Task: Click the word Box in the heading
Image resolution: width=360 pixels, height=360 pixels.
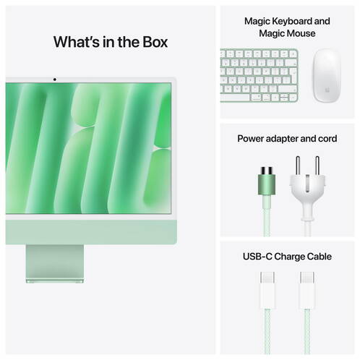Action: coord(155,42)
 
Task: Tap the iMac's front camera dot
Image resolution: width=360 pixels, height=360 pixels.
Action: coord(55,80)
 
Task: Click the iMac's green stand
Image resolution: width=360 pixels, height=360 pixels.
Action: coord(55,264)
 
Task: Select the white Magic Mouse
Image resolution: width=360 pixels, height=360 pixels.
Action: coord(327,75)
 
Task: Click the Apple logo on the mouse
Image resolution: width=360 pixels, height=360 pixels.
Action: coord(327,90)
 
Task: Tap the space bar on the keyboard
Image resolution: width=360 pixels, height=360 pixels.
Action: coord(235,98)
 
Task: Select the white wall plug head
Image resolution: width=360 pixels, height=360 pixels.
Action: coord(307,193)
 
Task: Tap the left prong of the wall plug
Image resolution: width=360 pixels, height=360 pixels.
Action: coord(298,166)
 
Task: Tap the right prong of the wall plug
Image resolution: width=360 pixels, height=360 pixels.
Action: coord(317,166)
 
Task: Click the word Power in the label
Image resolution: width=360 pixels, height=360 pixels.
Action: coord(250,139)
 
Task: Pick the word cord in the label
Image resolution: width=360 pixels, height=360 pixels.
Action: coord(327,139)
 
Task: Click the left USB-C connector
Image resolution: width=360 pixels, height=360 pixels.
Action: coord(267,291)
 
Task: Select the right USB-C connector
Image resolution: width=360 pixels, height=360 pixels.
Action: coord(307,291)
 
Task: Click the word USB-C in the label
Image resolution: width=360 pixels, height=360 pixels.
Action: coord(257,257)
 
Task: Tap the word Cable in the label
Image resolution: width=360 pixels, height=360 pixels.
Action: coord(320,257)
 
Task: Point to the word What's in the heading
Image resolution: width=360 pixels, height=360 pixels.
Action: coord(77,42)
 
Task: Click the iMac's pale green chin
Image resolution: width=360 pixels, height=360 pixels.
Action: coord(91,232)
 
